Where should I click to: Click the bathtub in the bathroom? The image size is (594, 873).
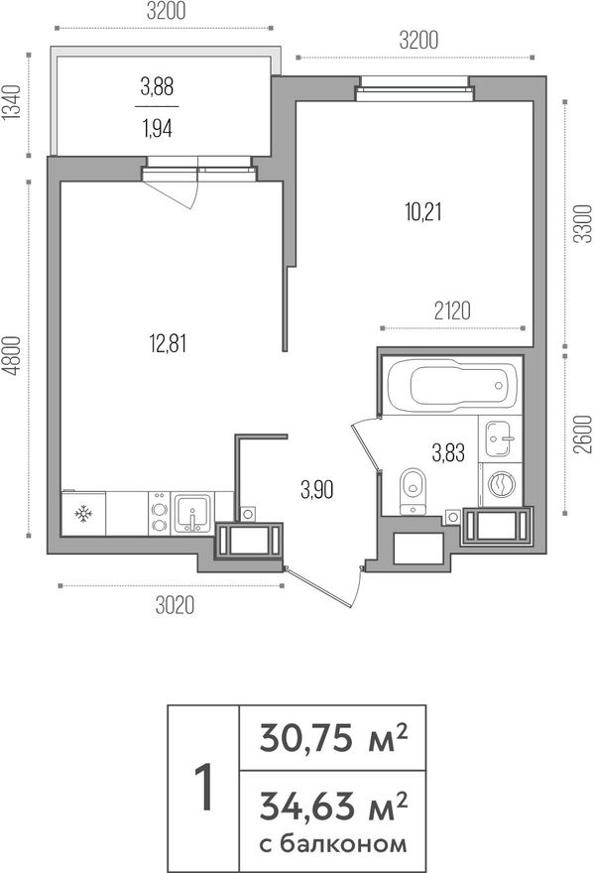(451, 384)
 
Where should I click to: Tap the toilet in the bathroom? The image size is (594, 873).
(413, 490)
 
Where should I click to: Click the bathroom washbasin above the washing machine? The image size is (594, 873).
(500, 437)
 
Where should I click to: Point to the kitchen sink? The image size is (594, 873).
(192, 513)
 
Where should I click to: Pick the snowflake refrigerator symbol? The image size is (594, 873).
(83, 513)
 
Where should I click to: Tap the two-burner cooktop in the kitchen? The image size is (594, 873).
(159, 513)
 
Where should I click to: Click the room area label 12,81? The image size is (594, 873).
(168, 343)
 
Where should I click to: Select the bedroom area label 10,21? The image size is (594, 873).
(423, 212)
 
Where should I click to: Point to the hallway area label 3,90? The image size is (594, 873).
(316, 490)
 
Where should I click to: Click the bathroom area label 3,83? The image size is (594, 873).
(448, 452)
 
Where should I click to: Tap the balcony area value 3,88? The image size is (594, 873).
(157, 87)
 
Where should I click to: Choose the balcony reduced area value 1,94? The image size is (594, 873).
(157, 129)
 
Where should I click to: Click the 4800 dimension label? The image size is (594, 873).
(12, 355)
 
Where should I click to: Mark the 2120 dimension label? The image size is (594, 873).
(452, 311)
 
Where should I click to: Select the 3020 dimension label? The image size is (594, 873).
(175, 605)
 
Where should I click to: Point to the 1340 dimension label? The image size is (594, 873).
(12, 102)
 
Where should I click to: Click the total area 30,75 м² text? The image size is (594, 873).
(333, 738)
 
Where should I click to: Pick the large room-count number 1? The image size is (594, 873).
(204, 788)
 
